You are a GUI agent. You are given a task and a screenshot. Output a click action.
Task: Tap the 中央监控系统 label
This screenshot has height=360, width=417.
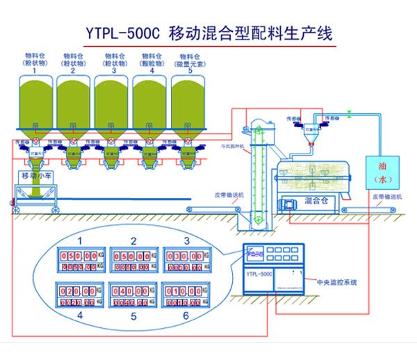pyautogui.click(x=336, y=282)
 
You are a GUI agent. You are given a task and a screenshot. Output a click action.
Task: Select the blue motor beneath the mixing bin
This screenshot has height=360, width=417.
pyautogui.click(x=286, y=203)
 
